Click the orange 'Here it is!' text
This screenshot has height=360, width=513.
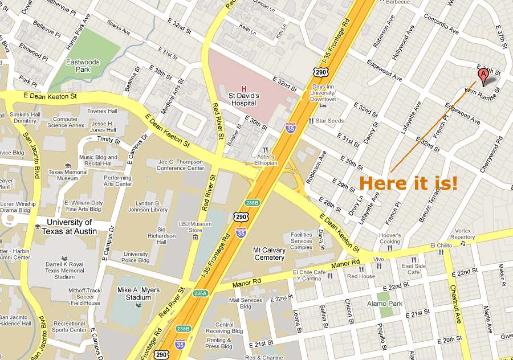[408, 183]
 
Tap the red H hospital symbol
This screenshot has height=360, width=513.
[244, 89]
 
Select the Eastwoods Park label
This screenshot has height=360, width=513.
[79, 66]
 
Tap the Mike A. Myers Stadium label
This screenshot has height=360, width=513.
[139, 293]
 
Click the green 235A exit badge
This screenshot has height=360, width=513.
[200, 293]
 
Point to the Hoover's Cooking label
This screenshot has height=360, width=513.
[390, 238]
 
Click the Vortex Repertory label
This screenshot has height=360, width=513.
[462, 233]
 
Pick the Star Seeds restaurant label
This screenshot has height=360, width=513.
[330, 121]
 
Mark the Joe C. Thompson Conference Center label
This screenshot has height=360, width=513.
[181, 165]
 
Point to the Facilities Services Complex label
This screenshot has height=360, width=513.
[301, 241]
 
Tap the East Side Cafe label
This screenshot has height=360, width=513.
[413, 269]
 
